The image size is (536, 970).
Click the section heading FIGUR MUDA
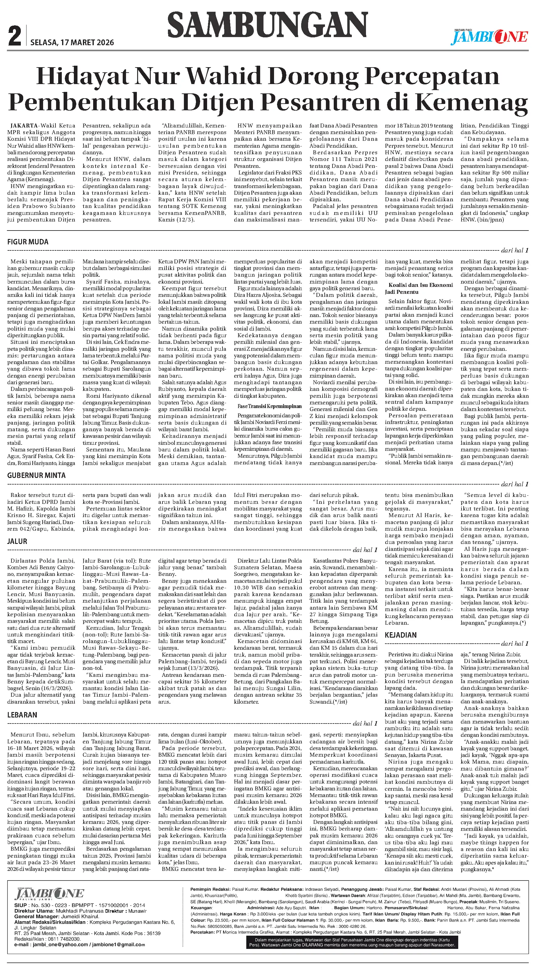28,242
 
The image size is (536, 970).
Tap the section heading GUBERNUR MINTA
36,475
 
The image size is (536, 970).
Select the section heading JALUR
17,541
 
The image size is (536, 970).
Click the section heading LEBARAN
22,715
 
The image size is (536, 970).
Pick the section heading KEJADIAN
400,635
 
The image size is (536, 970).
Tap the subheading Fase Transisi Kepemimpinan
269,406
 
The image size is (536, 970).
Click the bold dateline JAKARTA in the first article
24,126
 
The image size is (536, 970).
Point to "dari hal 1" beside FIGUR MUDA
515,250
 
